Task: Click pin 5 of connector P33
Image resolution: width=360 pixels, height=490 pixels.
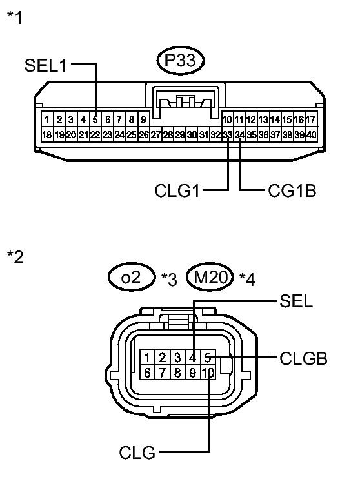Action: pyautogui.click(x=95, y=119)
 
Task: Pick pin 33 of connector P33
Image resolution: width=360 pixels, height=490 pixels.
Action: pyautogui.click(x=228, y=134)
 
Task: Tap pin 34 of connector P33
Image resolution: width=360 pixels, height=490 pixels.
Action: pyautogui.click(x=240, y=134)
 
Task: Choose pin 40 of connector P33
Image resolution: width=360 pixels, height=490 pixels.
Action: pyautogui.click(x=311, y=134)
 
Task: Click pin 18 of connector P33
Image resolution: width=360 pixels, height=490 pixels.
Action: pyautogui.click(x=46, y=134)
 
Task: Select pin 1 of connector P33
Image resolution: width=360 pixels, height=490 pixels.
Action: pyautogui.click(x=46, y=119)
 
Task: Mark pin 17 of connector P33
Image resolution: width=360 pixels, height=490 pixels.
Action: pyautogui.click(x=311, y=119)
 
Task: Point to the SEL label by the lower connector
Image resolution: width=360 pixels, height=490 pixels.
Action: pyautogui.click(x=297, y=301)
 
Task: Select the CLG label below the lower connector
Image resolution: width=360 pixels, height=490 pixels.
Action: pyautogui.click(x=137, y=453)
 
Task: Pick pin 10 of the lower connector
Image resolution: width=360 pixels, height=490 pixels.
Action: pyautogui.click(x=207, y=373)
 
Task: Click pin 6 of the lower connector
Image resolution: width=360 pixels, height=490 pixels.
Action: pyautogui.click(x=148, y=373)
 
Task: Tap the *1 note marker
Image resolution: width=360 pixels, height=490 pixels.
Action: pyautogui.click(x=14, y=17)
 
